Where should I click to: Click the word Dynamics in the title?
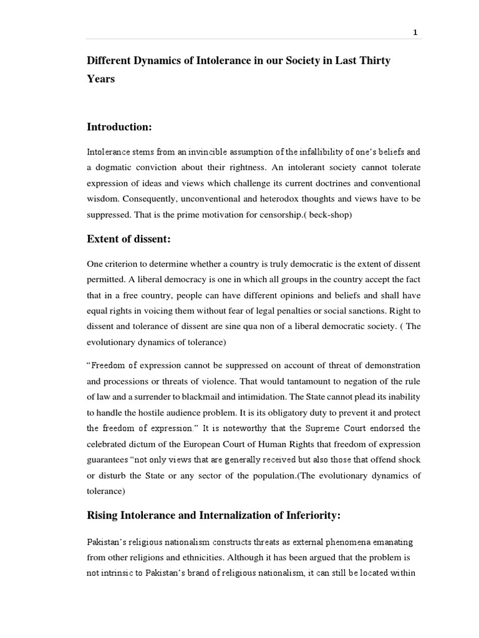pos(156,61)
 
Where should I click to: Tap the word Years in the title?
pos(100,79)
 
